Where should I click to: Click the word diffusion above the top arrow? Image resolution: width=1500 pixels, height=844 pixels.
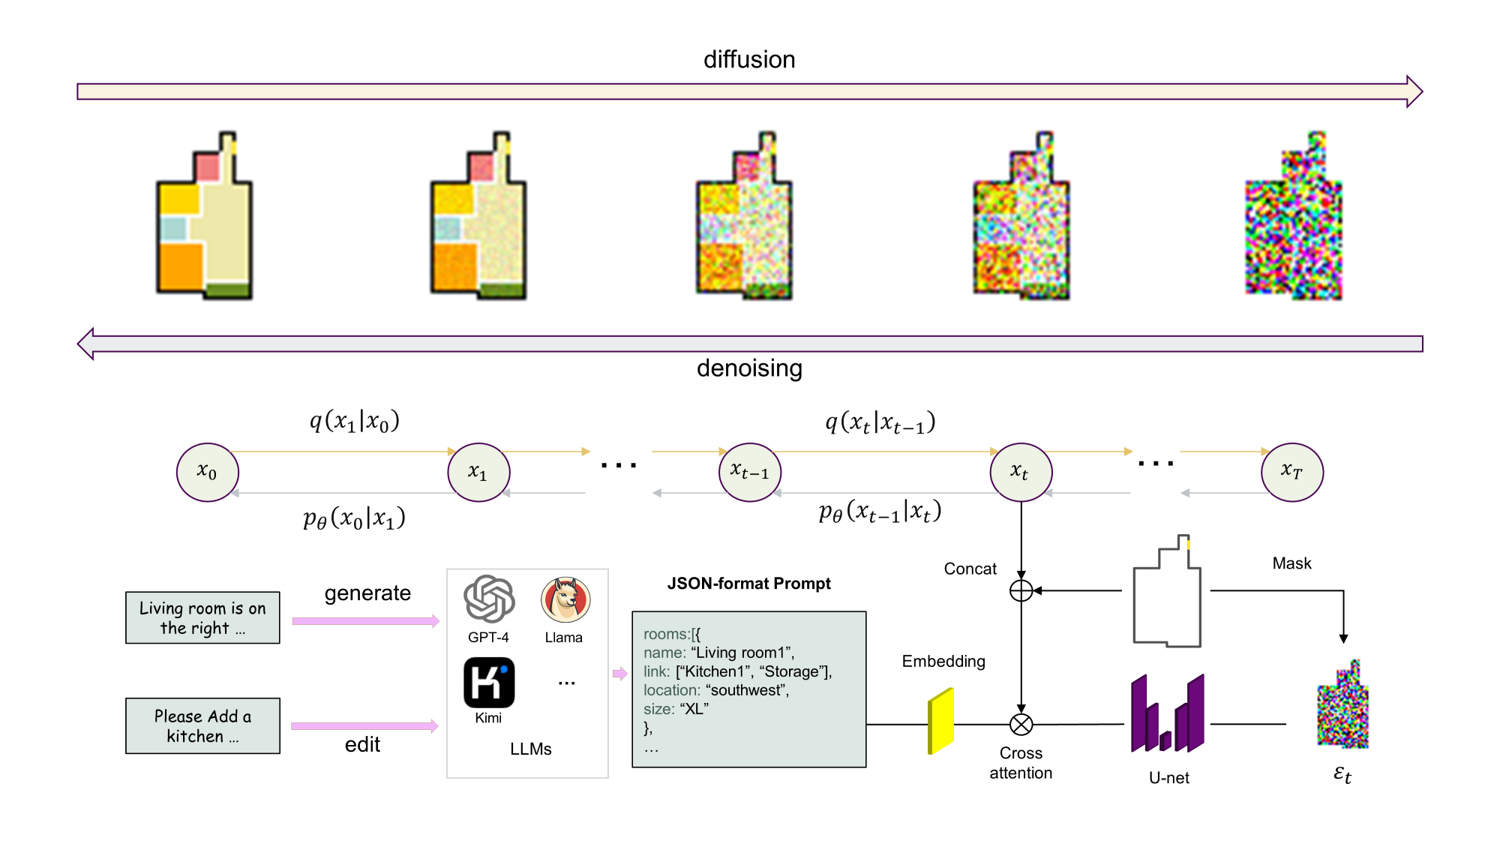pyautogui.click(x=749, y=60)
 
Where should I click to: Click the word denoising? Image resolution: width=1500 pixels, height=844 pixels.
pyautogui.click(x=749, y=368)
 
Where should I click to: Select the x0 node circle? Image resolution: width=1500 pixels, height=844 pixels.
pyautogui.click(x=208, y=472)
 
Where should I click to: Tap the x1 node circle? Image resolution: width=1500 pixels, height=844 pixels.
pyautogui.click(x=478, y=472)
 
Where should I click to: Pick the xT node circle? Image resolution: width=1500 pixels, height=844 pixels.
pyautogui.click(x=1291, y=472)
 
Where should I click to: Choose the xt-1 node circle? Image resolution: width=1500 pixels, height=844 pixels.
pyautogui.click(x=749, y=472)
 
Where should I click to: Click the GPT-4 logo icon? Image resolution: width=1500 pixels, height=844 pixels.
pyautogui.click(x=489, y=599)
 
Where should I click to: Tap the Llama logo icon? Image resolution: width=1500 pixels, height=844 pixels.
pyautogui.click(x=565, y=599)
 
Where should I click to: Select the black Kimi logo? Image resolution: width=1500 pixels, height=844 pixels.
pyautogui.click(x=489, y=682)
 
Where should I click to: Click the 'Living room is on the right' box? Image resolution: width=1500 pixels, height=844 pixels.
pyautogui.click(x=202, y=617)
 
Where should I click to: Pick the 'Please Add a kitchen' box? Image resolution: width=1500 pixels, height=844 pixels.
pyautogui.click(x=202, y=725)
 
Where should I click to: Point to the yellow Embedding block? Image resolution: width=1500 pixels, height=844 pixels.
pyautogui.click(x=940, y=721)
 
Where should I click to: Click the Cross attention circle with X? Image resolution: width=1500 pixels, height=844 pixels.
pyautogui.click(x=1021, y=724)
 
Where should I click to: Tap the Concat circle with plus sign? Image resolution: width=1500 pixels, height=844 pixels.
pyautogui.click(x=1021, y=590)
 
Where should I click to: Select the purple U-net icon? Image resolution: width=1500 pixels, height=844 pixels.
pyautogui.click(x=1168, y=713)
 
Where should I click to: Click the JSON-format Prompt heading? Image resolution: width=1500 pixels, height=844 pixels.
pyautogui.click(x=748, y=584)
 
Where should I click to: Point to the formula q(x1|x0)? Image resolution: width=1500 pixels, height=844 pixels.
pyautogui.click(x=355, y=422)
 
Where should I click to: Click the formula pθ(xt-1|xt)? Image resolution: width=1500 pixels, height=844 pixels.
pyautogui.click(x=880, y=512)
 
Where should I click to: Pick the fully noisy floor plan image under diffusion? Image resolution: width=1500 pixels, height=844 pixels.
pyautogui.click(x=1294, y=217)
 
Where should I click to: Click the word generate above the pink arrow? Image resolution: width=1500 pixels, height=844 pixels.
pyautogui.click(x=367, y=593)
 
